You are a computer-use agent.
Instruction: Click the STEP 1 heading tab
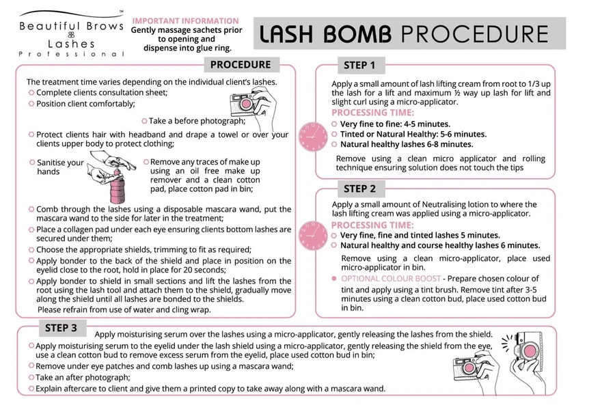click(359, 66)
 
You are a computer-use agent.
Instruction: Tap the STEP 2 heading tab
click(359, 189)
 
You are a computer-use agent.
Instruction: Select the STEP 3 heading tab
click(61, 328)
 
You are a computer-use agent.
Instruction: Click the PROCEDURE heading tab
click(240, 65)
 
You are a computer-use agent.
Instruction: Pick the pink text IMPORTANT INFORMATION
click(185, 21)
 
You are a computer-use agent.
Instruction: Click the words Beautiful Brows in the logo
click(71, 27)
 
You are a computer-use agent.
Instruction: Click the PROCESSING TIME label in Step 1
click(372, 113)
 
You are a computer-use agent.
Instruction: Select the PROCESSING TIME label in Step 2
click(372, 225)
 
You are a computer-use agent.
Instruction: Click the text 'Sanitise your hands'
click(59, 167)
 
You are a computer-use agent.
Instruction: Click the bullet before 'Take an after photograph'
click(31, 377)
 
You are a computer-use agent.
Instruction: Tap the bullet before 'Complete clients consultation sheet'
click(31, 92)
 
